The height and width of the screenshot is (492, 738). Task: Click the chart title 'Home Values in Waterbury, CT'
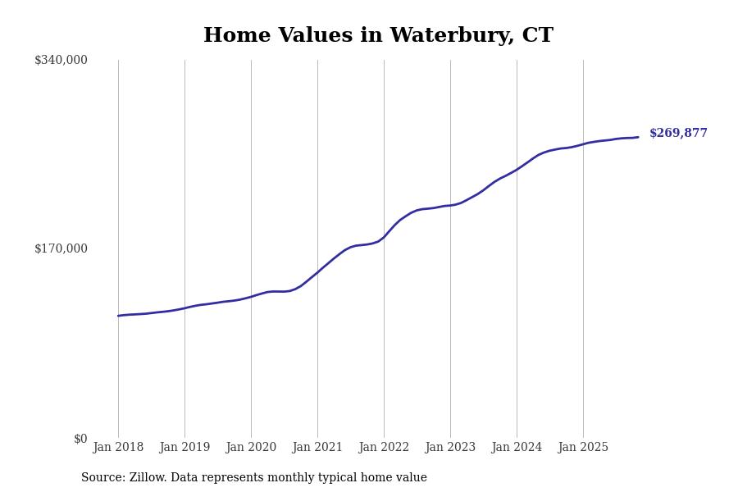[378, 36]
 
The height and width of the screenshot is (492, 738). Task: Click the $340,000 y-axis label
[61, 60]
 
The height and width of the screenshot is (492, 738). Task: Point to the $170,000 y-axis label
[61, 248]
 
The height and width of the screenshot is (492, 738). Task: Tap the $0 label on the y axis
[80, 439]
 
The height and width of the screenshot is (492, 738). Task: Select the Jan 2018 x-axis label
[118, 448]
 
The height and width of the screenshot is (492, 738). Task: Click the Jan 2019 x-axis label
[184, 448]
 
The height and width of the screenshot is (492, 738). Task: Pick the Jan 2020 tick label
[251, 448]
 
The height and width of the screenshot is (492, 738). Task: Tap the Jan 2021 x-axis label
[317, 448]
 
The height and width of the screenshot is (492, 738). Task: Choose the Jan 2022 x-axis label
[384, 448]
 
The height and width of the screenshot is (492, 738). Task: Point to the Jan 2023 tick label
[450, 448]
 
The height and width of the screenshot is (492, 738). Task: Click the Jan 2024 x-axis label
[517, 448]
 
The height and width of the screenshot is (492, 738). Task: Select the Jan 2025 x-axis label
[583, 448]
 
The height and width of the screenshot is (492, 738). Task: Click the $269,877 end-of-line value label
[678, 134]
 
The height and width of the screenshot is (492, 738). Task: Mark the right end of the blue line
[638, 137]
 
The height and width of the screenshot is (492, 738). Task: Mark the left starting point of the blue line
[118, 316]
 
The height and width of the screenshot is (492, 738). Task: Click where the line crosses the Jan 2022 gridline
[384, 237]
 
